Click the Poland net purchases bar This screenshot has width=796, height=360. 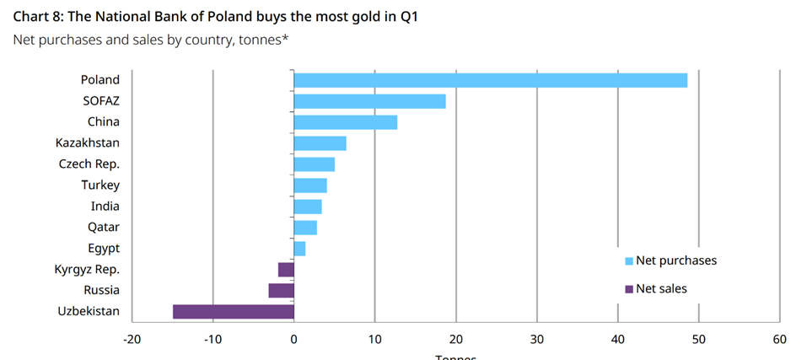490,80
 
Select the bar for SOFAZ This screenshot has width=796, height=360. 369,101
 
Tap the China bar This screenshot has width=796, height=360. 345,122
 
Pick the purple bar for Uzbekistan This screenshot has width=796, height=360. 234,311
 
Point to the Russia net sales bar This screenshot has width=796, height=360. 281,290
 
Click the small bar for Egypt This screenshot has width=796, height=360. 299,248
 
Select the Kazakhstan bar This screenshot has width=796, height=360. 320,143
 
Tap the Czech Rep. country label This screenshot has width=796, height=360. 89,164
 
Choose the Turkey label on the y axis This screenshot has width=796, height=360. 100,185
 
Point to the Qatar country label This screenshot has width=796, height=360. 104,227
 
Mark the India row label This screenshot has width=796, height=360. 105,206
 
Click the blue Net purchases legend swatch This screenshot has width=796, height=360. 628,261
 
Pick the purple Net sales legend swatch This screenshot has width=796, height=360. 628,289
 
